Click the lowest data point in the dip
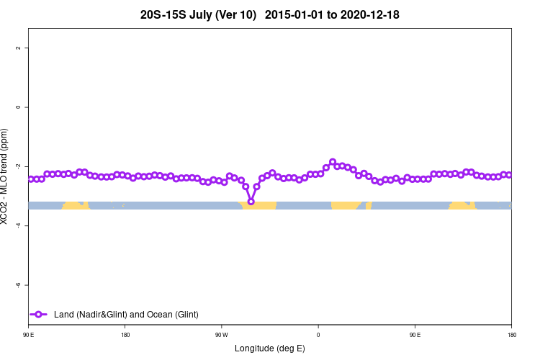tap(251, 202)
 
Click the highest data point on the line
tap(333, 162)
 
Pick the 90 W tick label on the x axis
tap(221, 335)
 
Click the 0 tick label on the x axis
tap(318, 335)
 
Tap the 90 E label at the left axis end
tap(29, 335)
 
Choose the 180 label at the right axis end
tap(511, 335)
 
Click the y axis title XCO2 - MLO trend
tap(6, 176)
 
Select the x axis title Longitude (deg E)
tap(270, 348)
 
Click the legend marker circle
tap(39, 314)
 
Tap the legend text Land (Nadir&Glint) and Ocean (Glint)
tap(126, 314)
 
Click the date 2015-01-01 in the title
tap(294, 14)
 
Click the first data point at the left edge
tap(31, 179)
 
